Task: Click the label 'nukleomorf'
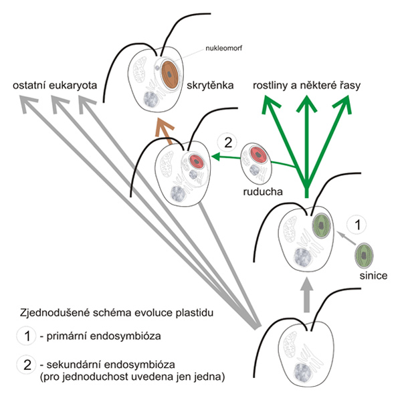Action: coord(223,48)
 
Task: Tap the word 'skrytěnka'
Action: coord(210,86)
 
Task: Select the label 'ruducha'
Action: coord(263,191)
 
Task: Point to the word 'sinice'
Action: coord(373,276)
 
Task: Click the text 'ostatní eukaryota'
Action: coord(55,86)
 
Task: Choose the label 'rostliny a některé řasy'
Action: coord(306,86)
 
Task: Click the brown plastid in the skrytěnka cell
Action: coord(170,75)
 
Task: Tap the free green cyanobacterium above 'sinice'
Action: coord(364,256)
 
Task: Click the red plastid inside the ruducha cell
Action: coord(259,155)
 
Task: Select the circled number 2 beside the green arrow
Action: coord(228,142)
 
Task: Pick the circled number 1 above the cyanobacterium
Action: coord(357,225)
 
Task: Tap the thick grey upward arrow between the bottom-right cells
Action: coord(306,295)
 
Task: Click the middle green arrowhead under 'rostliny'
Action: coord(306,104)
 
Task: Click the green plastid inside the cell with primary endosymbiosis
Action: coord(322,226)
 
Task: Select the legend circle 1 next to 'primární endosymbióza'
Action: coord(26,336)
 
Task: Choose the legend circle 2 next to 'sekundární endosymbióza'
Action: coord(26,365)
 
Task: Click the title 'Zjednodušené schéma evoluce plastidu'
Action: coord(116,312)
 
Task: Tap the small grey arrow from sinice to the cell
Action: coord(346,238)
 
